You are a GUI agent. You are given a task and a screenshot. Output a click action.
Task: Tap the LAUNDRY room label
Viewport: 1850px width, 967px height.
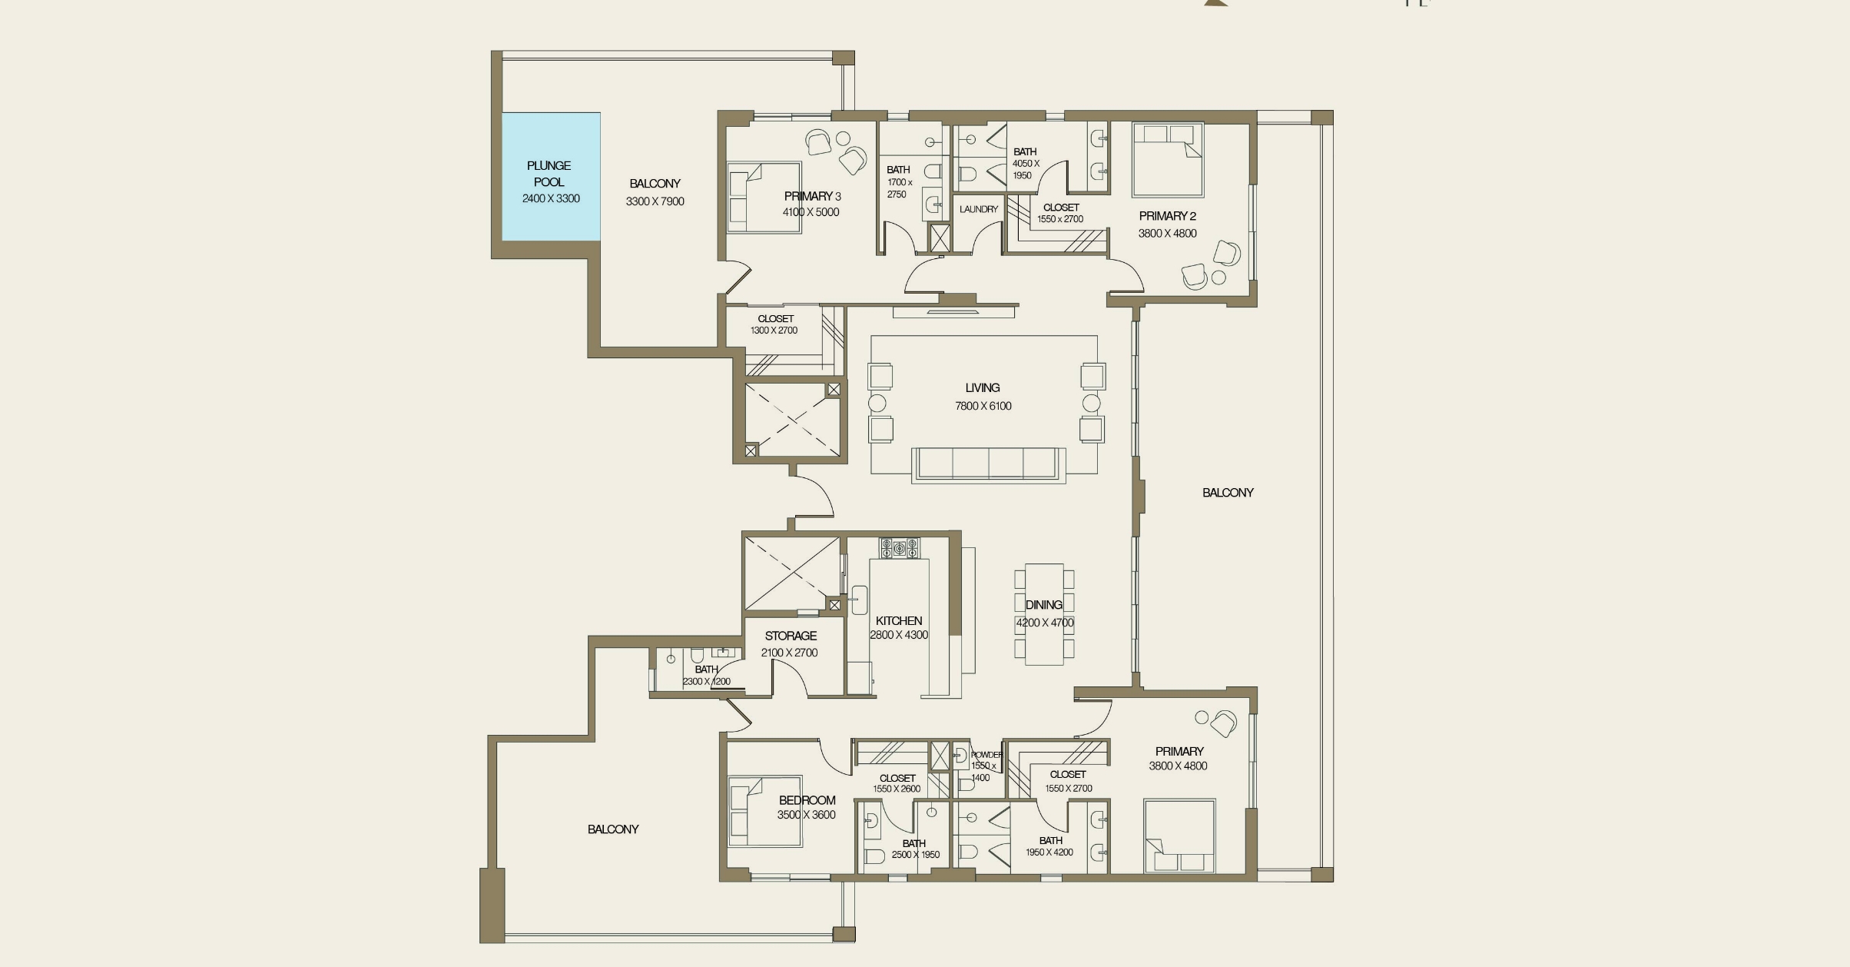pos(978,209)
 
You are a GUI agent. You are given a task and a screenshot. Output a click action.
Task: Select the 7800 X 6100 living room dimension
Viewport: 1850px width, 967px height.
pos(983,406)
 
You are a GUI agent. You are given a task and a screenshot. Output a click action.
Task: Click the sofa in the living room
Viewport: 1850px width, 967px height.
pos(988,464)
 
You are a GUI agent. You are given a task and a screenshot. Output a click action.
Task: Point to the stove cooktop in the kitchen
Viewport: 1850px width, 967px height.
pos(899,548)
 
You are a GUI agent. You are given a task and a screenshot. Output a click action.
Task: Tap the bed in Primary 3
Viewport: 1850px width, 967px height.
pos(764,197)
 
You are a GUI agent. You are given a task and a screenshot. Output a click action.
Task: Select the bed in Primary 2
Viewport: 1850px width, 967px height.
pos(1167,159)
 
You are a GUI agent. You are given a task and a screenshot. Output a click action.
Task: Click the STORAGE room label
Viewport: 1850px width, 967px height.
pos(791,636)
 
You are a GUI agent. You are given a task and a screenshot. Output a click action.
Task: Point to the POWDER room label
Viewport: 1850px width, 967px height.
pos(986,755)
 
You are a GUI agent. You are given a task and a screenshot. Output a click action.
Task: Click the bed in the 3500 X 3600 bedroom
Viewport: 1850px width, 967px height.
pos(764,812)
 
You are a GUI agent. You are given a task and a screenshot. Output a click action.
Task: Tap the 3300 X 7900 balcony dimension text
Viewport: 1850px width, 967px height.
pos(655,201)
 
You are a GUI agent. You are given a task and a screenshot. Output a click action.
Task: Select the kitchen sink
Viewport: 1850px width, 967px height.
pos(859,600)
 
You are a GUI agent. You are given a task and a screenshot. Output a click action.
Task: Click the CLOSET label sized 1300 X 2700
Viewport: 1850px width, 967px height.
pos(775,318)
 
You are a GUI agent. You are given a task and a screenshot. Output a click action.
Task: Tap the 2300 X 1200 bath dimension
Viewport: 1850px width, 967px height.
pos(706,681)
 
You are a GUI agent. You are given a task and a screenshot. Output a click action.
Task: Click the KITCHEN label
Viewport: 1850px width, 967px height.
pos(898,620)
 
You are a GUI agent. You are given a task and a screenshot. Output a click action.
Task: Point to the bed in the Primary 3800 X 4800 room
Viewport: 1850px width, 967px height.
pos(1179,836)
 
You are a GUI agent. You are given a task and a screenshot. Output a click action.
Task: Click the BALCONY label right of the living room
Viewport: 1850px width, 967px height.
pos(1227,493)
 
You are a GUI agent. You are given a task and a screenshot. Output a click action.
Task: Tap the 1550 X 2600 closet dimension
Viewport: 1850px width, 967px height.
pos(896,789)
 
